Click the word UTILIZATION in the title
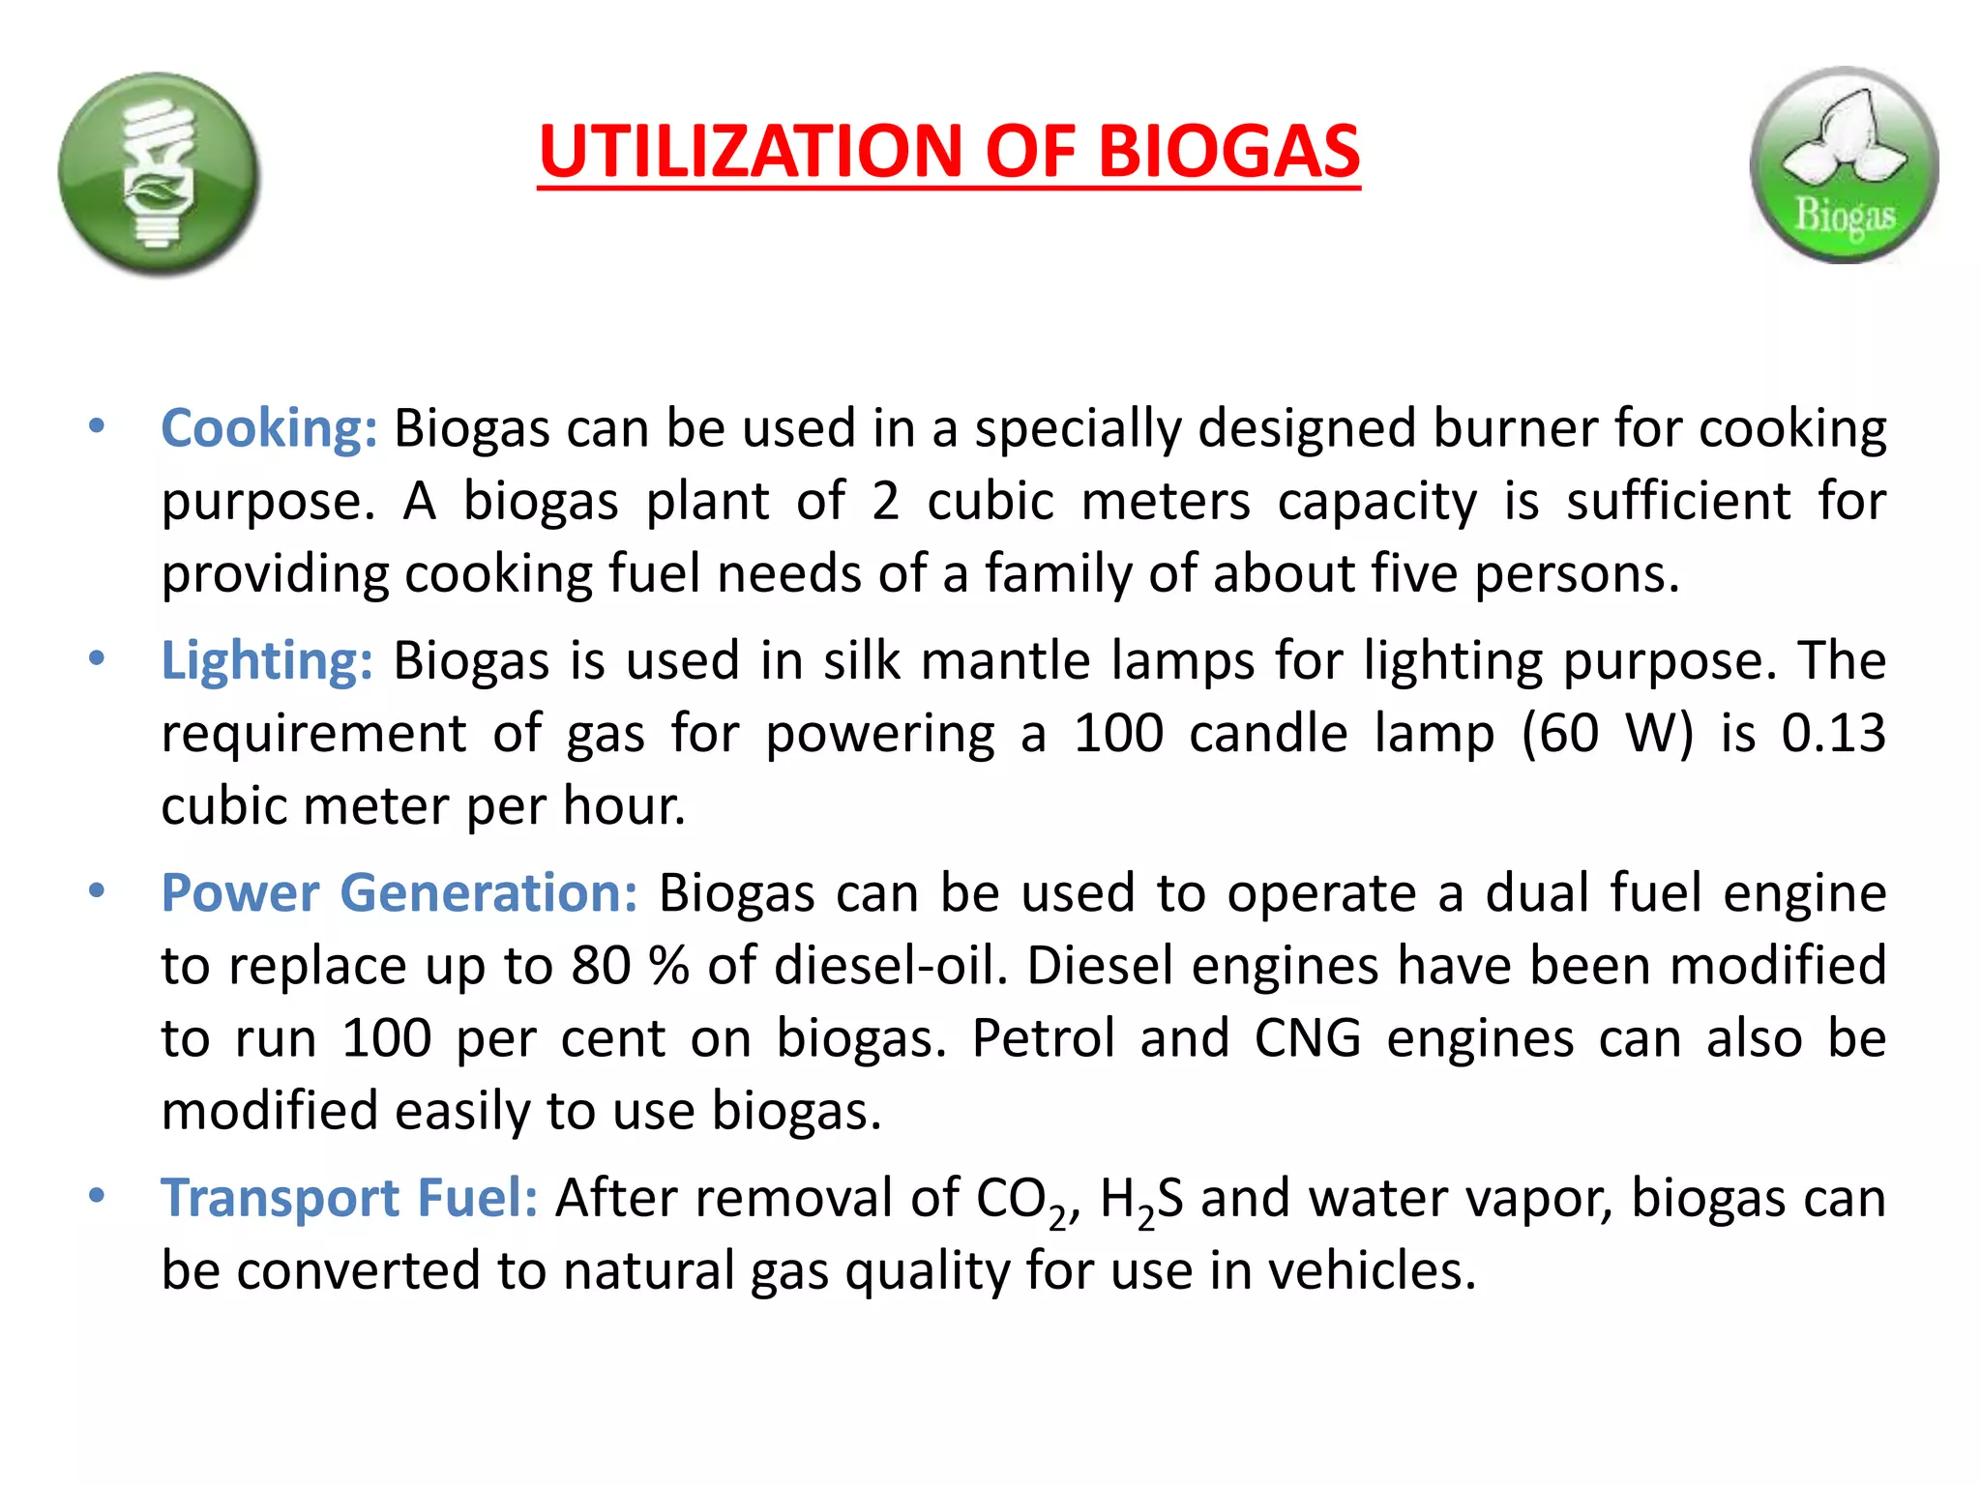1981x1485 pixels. (751, 152)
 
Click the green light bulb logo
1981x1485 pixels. (159, 174)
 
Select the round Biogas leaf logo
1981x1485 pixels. (1844, 165)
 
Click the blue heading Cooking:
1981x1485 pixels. (269, 428)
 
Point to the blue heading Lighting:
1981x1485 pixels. (267, 661)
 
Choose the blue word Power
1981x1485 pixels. (240, 892)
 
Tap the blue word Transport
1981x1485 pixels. (280, 1198)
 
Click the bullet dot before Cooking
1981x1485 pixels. (96, 426)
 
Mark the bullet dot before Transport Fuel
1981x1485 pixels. (96, 1196)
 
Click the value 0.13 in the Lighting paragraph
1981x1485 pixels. (1833, 733)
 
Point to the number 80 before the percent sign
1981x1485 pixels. (601, 966)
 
